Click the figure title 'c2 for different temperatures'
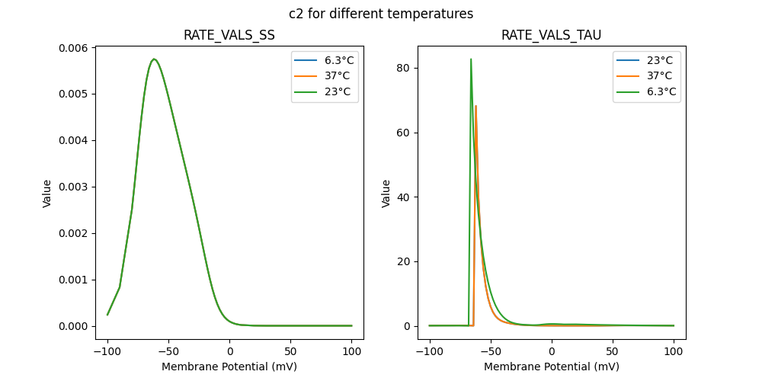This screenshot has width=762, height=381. tap(381, 14)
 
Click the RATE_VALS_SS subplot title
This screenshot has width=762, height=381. tap(229, 36)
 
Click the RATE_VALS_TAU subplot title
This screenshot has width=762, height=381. tap(552, 36)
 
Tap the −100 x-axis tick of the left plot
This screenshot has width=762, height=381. tap(107, 352)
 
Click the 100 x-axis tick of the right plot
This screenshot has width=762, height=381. tap(674, 352)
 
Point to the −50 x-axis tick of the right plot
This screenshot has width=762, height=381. tap(491, 352)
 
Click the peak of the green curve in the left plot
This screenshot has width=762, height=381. tap(154, 59)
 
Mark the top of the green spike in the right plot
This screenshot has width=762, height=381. tap(471, 59)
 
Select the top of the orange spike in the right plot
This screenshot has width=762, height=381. tap(475, 106)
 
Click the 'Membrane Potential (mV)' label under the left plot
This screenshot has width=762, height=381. tap(229, 367)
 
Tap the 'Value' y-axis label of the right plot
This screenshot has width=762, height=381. tap(386, 193)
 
